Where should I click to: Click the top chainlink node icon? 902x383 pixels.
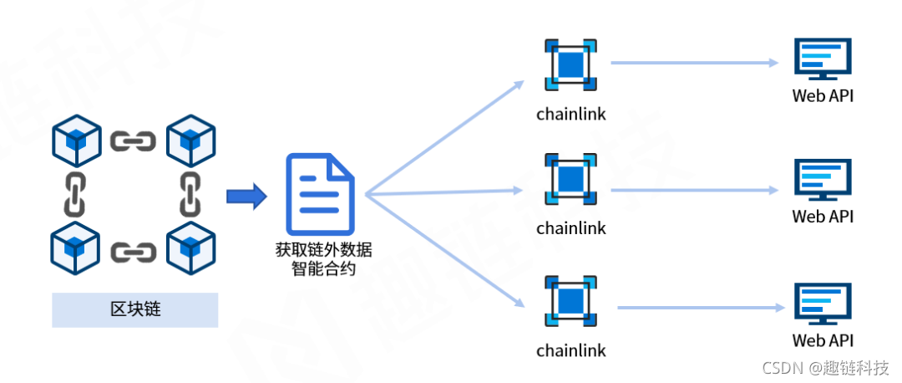[571, 64]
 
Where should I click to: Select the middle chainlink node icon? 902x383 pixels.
[571, 178]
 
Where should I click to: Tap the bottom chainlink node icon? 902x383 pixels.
[571, 299]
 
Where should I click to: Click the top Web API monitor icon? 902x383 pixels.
[823, 60]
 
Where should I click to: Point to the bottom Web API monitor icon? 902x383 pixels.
[823, 304]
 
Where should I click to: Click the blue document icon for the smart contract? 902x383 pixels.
[320, 194]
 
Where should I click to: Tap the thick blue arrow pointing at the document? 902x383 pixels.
[246, 197]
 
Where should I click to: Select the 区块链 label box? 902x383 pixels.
[135, 309]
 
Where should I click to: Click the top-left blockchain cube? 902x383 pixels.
[76, 141]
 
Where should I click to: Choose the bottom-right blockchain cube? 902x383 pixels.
[191, 248]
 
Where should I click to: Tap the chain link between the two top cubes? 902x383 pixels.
[134, 141]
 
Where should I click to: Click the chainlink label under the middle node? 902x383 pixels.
[571, 228]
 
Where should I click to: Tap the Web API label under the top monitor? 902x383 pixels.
[823, 95]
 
